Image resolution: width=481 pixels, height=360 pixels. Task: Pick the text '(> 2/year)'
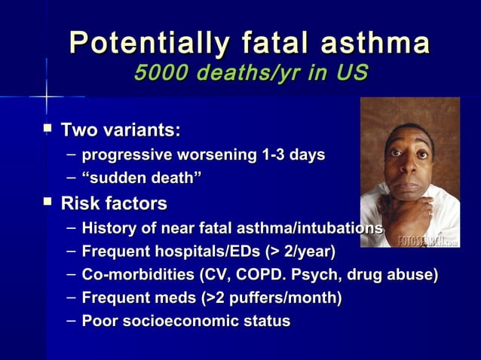[x=299, y=251]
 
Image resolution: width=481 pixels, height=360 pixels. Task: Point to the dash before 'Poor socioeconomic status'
[x=70, y=322]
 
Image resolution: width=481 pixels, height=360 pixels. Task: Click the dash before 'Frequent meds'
[x=70, y=298]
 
